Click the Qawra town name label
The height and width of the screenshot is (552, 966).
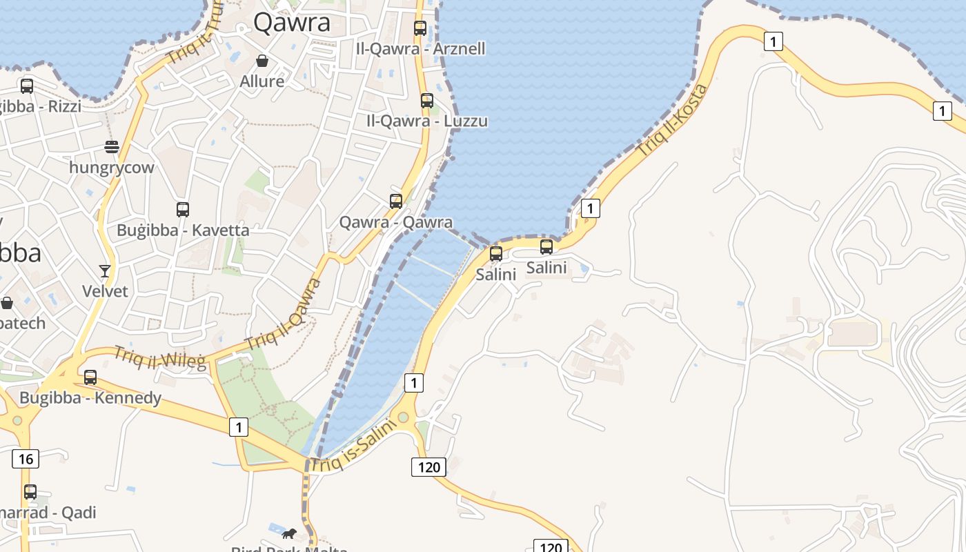point(292,23)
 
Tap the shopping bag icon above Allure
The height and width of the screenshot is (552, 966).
point(262,61)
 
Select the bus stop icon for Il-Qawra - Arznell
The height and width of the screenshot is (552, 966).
point(420,28)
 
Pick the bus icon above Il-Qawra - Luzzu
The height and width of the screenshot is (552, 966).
point(427,101)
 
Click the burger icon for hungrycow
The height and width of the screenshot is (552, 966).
point(112,146)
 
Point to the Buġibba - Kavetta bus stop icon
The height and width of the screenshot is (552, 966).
point(183,210)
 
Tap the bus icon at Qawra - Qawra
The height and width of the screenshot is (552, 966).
point(396,201)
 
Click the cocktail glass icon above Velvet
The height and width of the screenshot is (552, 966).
point(105,270)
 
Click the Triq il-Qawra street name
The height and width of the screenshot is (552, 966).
point(284,315)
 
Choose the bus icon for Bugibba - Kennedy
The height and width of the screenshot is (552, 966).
point(90,377)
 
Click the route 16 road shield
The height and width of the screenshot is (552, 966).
point(26,459)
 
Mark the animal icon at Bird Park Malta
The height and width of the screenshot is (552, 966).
point(289,533)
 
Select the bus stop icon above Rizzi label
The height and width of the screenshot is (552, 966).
point(27,86)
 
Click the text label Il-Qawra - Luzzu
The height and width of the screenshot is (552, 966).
point(427,121)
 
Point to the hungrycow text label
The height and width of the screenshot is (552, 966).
point(112,168)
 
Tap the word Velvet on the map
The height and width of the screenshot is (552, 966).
point(105,291)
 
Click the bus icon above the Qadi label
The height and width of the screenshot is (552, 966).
point(30,492)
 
